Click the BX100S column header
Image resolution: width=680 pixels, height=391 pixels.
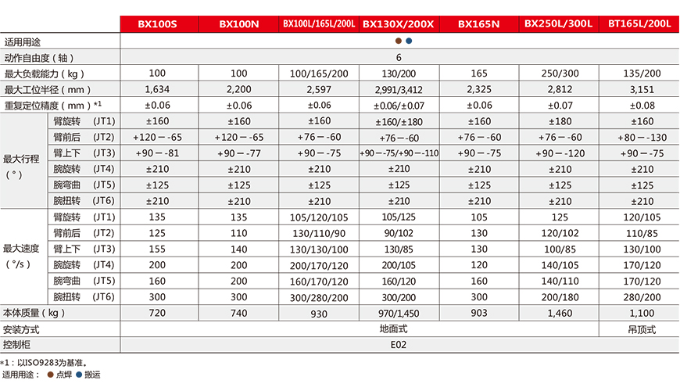click(158, 24)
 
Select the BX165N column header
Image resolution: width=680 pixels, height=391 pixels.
click(478, 24)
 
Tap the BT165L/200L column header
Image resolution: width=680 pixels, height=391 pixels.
click(640, 24)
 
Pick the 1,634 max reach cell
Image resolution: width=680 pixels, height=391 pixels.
click(158, 89)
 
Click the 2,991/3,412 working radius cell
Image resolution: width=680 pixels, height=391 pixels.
click(398, 89)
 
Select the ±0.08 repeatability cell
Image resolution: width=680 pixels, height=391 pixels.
click(641, 105)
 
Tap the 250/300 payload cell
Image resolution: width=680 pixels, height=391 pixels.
click(559, 74)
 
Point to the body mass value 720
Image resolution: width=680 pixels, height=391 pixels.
click(158, 313)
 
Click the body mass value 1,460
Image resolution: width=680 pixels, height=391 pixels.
click(559, 313)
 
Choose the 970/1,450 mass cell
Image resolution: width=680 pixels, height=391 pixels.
click(398, 313)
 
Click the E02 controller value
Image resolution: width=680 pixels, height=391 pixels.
click(399, 344)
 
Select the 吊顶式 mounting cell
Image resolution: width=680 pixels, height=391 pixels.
click(641, 329)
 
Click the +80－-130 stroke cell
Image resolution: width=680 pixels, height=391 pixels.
click(641, 137)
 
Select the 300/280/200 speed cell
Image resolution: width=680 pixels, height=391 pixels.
click(318, 297)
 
